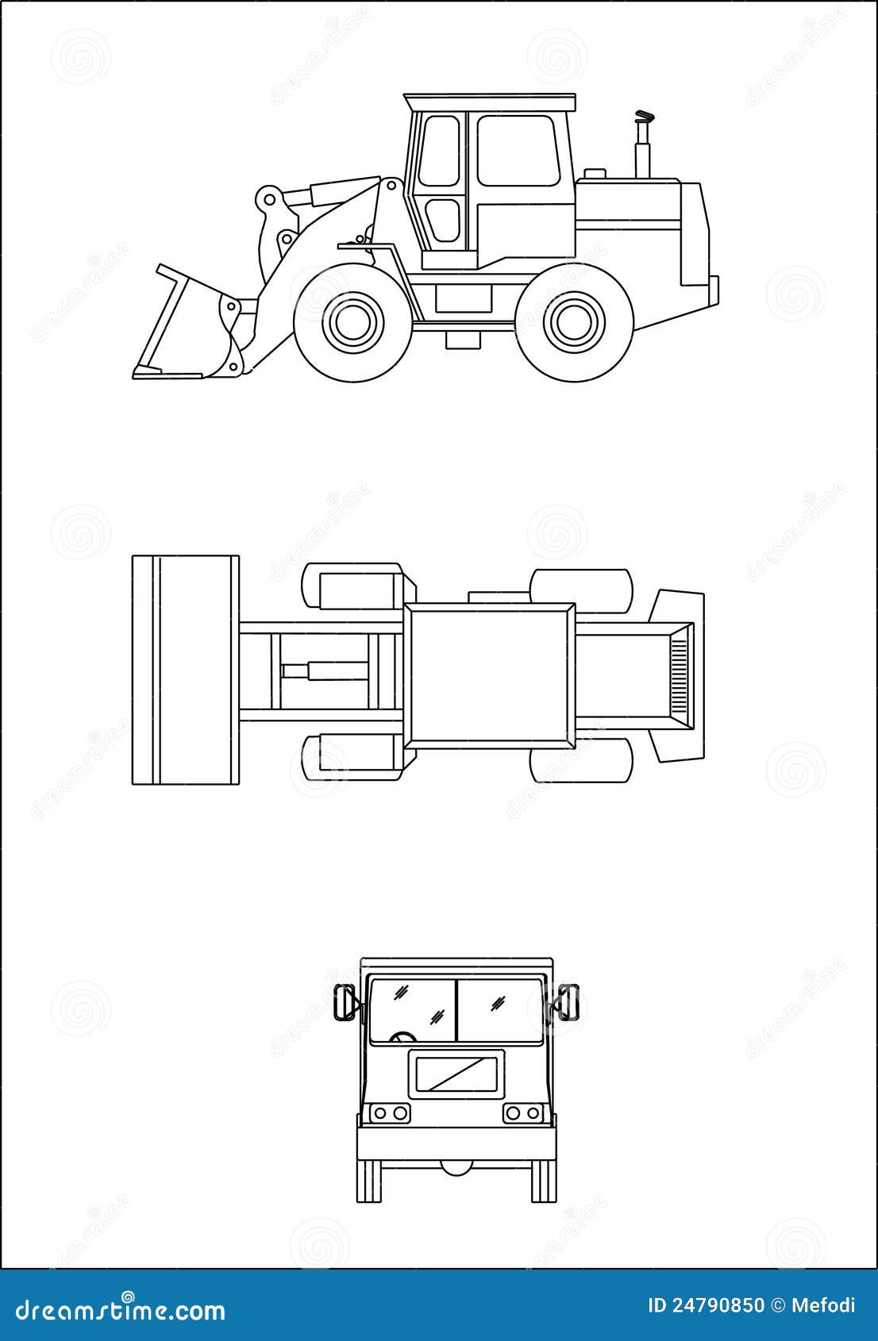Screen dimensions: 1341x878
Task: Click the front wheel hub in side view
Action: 352,321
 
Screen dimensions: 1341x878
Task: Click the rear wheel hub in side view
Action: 575,321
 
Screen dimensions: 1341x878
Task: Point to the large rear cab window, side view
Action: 518,151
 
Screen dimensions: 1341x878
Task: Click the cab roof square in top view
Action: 489,676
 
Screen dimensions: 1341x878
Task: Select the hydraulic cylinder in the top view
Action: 324,670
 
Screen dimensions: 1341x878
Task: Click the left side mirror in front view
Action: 345,1002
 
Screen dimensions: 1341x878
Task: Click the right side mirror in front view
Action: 570,1002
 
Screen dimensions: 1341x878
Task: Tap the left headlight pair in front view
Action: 389,1113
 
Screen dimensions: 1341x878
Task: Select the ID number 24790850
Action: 719,1305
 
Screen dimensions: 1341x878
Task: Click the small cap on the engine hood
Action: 595,173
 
